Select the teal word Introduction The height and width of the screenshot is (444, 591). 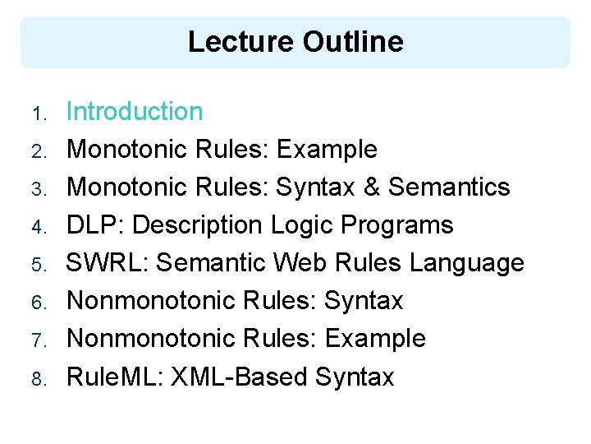[x=135, y=112]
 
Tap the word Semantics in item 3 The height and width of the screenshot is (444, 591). [x=449, y=187]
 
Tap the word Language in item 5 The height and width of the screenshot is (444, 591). [x=466, y=263]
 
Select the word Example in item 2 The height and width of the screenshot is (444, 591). [x=327, y=150]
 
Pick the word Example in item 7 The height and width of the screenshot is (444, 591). [x=375, y=339]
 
